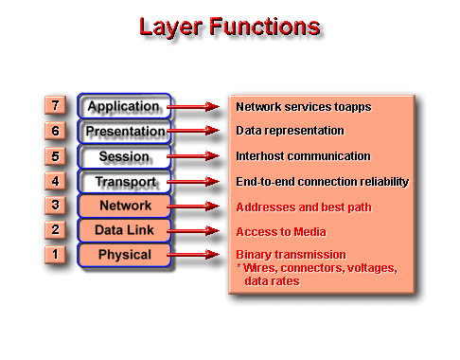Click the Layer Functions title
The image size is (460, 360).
[230, 27]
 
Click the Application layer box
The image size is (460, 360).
[124, 106]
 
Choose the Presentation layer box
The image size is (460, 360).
[124, 131]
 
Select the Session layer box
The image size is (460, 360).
[124, 155]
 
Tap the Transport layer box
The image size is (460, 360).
[124, 180]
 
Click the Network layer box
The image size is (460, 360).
[124, 205]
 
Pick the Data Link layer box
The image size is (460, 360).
[124, 229]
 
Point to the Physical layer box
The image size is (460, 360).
[124, 254]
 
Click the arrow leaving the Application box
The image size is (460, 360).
[200, 107]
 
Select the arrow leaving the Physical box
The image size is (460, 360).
[200, 255]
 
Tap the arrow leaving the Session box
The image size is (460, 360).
[200, 156]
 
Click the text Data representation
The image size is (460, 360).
[290, 131]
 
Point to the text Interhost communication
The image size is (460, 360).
[303, 155]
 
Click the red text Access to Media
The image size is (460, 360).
[281, 231]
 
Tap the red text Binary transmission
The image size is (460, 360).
[291, 255]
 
